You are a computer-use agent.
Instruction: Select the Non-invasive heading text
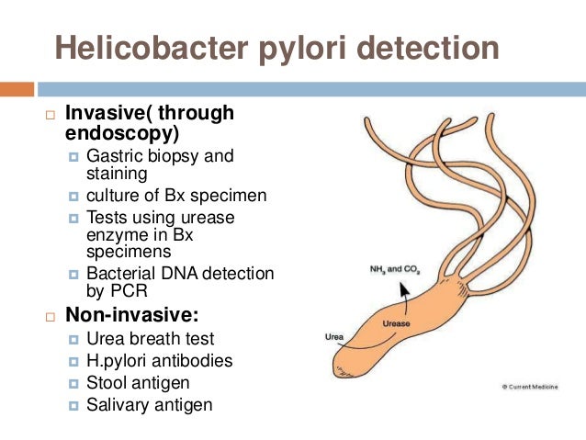click(125, 316)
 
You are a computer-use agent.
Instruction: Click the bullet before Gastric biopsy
click(74, 156)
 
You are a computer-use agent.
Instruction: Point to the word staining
click(118, 174)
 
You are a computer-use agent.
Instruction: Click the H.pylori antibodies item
click(159, 360)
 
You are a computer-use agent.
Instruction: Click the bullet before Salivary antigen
click(74, 404)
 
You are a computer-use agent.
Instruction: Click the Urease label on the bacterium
click(397, 323)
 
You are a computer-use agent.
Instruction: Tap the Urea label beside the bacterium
click(335, 337)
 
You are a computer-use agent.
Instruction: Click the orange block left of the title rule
click(17, 90)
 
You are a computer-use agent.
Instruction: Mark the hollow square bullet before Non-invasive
click(51, 317)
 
